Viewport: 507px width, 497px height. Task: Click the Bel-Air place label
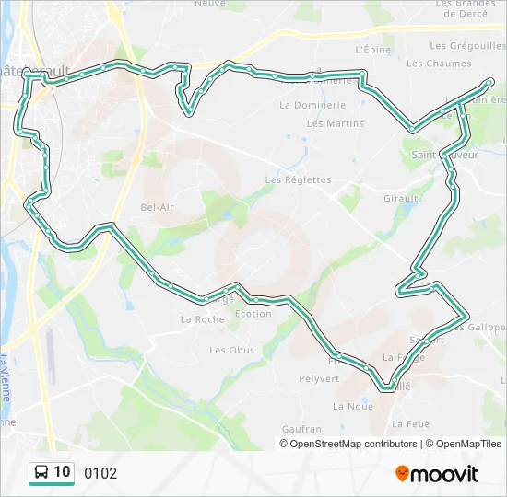pyautogui.click(x=157, y=207)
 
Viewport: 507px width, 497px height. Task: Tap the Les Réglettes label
pyautogui.click(x=298, y=179)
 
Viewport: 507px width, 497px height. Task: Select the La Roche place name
pyautogui.click(x=202, y=319)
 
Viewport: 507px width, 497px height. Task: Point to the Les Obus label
pyautogui.click(x=231, y=350)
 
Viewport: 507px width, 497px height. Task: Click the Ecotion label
pyautogui.click(x=253, y=314)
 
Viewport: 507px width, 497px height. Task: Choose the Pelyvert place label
pyautogui.click(x=320, y=378)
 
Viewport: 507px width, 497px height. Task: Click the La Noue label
pyautogui.click(x=353, y=406)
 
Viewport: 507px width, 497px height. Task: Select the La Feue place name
pyautogui.click(x=411, y=424)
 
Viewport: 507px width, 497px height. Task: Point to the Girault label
pyautogui.click(x=403, y=198)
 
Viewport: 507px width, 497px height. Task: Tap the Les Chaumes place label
pyautogui.click(x=438, y=64)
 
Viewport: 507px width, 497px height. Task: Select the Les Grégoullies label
pyautogui.click(x=465, y=45)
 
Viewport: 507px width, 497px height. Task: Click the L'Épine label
pyautogui.click(x=373, y=50)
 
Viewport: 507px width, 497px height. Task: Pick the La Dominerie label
pyautogui.click(x=312, y=106)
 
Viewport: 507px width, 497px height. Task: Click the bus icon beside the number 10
pyautogui.click(x=41, y=473)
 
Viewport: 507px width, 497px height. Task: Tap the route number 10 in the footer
pyautogui.click(x=62, y=472)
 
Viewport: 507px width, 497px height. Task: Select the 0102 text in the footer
pyautogui.click(x=100, y=473)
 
